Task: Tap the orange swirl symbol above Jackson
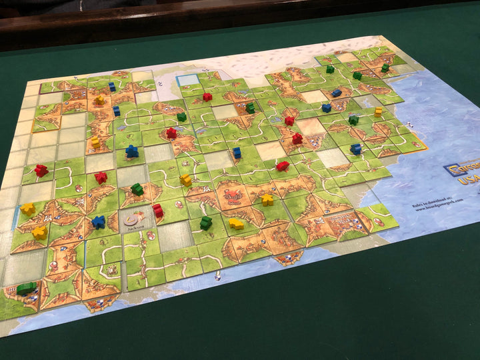[133, 217]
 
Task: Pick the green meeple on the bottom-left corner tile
[26, 289]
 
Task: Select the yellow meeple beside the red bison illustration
[267, 199]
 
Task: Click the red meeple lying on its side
[283, 165]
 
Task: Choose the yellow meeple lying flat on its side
[236, 224]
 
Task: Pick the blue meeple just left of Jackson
[99, 221]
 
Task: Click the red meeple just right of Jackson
[158, 211]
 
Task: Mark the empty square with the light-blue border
[188, 81]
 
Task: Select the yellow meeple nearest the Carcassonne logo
[379, 111]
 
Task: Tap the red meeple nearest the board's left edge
[41, 170]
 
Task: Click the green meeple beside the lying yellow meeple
[206, 223]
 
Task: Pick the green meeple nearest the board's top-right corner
[385, 67]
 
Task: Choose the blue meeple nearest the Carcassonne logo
[356, 149]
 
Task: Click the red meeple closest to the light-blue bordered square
[207, 97]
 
